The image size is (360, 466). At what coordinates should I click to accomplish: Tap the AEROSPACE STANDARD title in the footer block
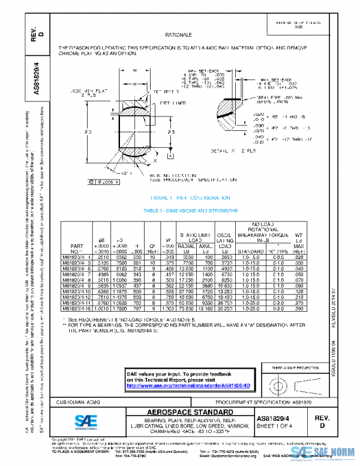190,411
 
